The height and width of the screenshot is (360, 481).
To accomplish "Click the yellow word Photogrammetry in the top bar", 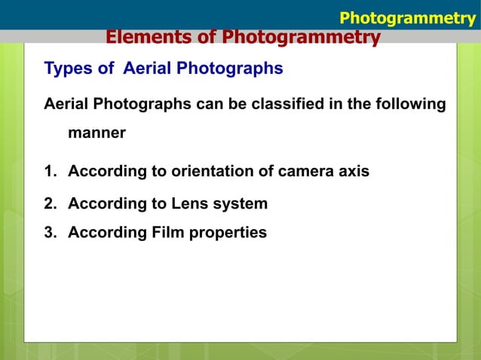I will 407,17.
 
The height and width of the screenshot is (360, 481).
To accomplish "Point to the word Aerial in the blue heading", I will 146,69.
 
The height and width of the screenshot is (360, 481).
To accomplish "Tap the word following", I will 410,104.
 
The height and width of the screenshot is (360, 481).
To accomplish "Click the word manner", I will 97,135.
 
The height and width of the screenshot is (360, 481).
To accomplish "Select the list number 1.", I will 50,172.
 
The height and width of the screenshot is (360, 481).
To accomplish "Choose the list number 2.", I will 50,204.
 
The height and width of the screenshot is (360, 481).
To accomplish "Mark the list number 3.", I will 50,233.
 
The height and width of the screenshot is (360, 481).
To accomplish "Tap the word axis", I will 354,172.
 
